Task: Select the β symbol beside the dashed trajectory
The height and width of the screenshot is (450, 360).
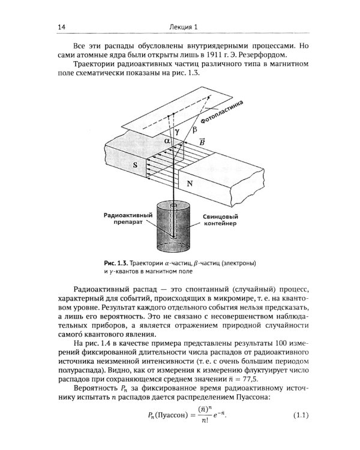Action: coord(193,129)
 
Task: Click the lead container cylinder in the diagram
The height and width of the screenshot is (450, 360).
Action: coord(174,237)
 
